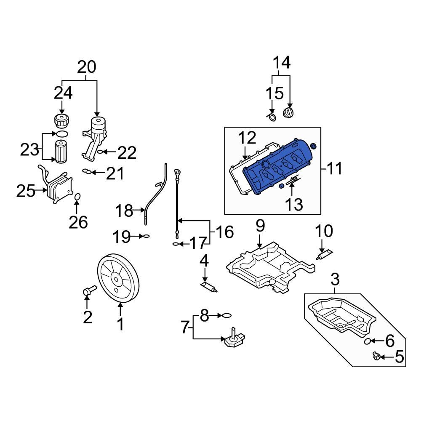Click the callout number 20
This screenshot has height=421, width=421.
87,67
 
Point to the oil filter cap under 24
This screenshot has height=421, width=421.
62,120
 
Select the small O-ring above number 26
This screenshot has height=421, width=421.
77,197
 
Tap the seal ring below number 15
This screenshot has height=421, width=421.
272,117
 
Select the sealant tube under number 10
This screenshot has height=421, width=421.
325,254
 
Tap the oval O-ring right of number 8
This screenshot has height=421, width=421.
226,315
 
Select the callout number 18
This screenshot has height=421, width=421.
125,210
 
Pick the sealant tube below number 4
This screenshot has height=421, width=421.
209,288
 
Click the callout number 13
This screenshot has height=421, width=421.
293,205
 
